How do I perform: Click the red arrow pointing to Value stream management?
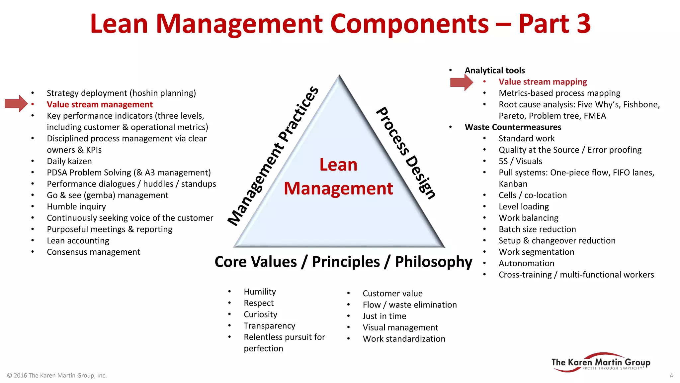click(x=16, y=104)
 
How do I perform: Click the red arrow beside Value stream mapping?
click(x=461, y=82)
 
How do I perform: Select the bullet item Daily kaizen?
click(x=69, y=161)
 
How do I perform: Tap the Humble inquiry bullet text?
click(x=76, y=206)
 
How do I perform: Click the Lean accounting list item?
click(x=78, y=240)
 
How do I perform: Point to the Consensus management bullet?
click(x=93, y=252)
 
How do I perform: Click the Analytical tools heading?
click(x=495, y=70)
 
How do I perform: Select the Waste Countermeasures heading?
click(x=513, y=127)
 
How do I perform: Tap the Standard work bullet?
click(x=527, y=139)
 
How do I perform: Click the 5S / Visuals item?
click(x=520, y=161)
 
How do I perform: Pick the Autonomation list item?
click(x=526, y=263)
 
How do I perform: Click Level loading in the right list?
click(x=524, y=206)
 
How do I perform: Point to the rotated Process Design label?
click(x=406, y=153)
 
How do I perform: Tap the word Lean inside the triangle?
click(x=338, y=165)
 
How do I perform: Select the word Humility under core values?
click(x=260, y=292)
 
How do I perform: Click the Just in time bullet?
click(x=384, y=316)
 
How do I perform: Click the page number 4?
click(x=671, y=375)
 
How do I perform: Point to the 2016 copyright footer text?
click(x=57, y=375)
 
